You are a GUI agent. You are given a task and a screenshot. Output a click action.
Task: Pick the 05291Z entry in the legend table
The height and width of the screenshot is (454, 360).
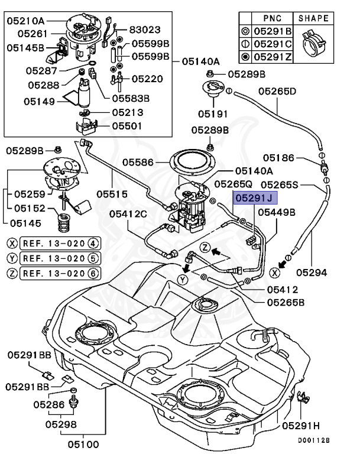click(x=272, y=57)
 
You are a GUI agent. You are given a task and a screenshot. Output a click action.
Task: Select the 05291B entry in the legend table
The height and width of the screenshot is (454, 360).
click(x=272, y=31)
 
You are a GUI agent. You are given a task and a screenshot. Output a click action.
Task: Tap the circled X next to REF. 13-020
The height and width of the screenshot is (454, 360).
click(x=11, y=242)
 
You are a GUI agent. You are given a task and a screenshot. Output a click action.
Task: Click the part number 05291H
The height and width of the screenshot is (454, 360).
click(x=301, y=425)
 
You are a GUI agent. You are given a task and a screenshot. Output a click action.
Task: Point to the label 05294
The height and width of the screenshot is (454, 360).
click(x=311, y=273)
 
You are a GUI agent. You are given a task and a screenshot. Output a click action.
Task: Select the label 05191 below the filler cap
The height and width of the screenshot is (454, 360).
click(x=213, y=112)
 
